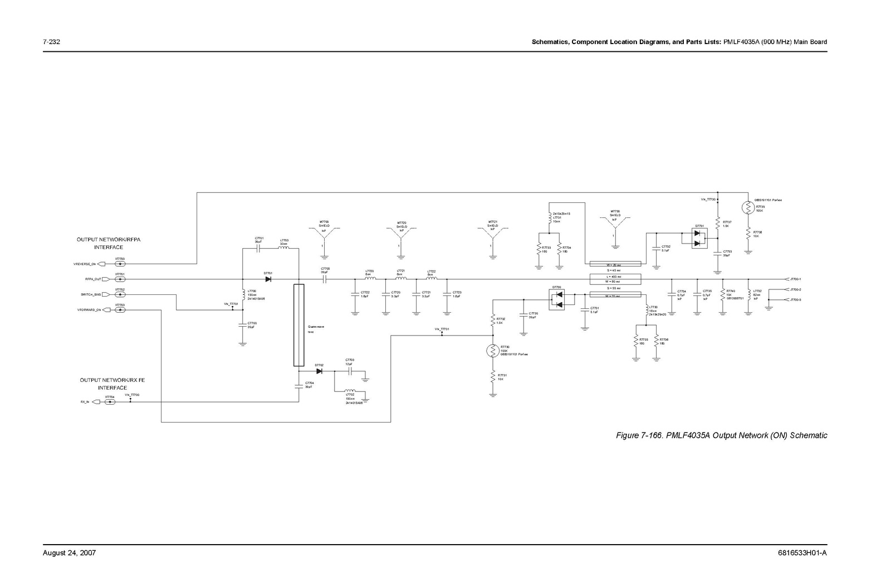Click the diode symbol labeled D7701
(x=268, y=279)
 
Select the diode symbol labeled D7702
(x=319, y=371)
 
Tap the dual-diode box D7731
(x=699, y=237)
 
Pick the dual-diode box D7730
(x=557, y=299)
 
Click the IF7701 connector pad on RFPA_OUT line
(x=120, y=279)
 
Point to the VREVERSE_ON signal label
(x=85, y=264)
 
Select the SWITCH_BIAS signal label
(x=89, y=294)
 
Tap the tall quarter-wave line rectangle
(x=299, y=324)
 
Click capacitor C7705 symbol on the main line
(x=325, y=279)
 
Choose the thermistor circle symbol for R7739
(x=748, y=207)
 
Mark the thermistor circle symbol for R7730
(x=493, y=351)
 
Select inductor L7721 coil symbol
(x=400, y=279)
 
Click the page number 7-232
(x=51, y=42)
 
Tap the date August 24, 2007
(x=70, y=553)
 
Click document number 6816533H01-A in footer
(x=802, y=553)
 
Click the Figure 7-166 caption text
(x=721, y=435)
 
